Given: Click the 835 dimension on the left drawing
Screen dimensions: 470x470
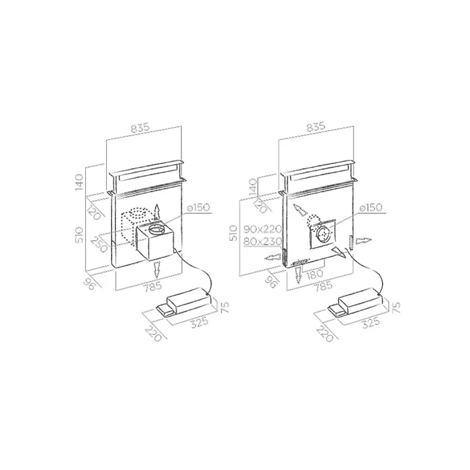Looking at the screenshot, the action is [x=141, y=128].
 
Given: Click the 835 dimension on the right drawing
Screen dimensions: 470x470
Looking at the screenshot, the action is [x=315, y=126].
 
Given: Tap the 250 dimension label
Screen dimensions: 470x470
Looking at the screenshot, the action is [x=99, y=244].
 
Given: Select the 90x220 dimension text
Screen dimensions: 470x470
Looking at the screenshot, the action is [x=263, y=230].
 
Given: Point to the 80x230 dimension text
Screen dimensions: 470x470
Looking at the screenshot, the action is [x=263, y=241].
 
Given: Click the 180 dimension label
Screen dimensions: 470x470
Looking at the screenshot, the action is [x=314, y=274].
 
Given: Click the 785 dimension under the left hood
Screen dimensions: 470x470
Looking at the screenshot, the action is [x=152, y=286].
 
